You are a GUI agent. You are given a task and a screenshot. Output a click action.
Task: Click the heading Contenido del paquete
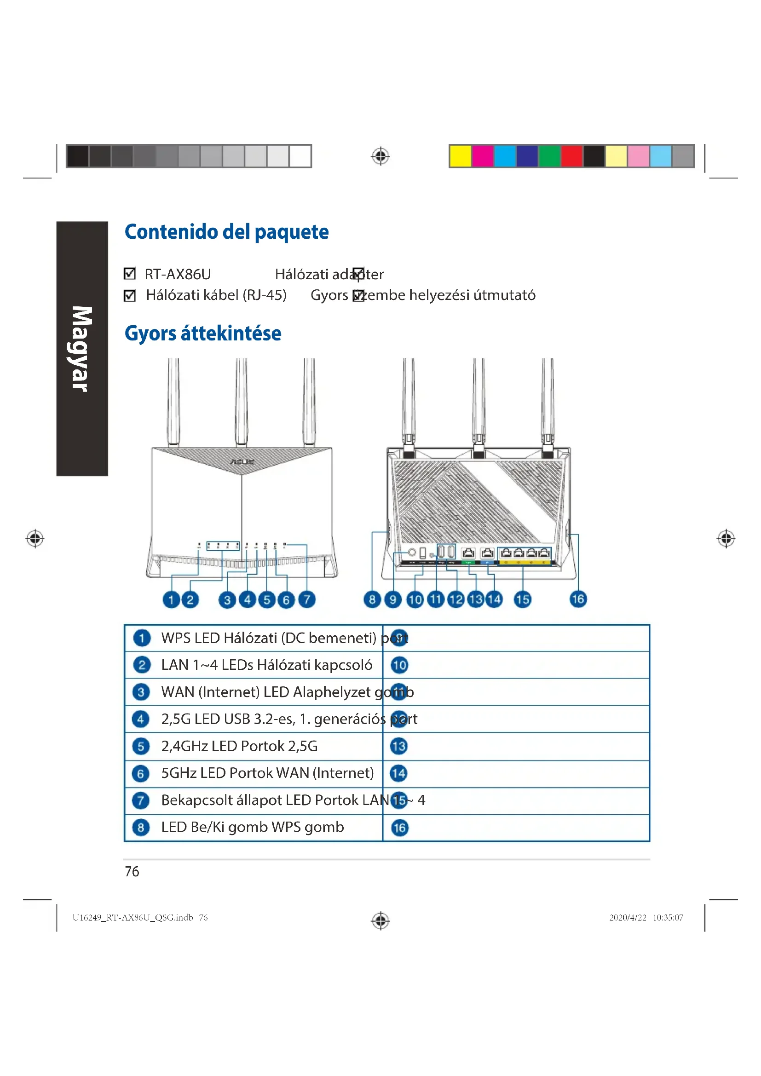coord(226,232)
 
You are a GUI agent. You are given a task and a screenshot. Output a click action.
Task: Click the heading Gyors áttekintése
coord(202,334)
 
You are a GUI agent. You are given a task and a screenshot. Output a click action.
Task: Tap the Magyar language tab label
coord(82,349)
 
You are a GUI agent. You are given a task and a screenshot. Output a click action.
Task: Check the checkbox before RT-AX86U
coord(129,274)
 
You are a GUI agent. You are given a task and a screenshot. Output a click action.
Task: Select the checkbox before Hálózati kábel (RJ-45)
coord(129,296)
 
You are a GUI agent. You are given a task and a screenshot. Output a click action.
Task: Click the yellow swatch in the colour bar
coord(460,156)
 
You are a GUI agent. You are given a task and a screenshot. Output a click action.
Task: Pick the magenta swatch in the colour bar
coord(482,156)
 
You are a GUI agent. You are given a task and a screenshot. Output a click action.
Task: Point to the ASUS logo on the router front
coord(242,462)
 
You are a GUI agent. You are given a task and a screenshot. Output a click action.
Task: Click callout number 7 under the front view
coord(307,599)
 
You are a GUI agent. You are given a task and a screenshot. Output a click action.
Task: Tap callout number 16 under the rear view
coord(578,599)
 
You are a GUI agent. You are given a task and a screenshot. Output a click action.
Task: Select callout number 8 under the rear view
coord(372,599)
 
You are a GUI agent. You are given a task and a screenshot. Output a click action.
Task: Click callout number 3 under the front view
coord(227,600)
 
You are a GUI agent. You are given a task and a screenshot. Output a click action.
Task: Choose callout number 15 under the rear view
coord(523,599)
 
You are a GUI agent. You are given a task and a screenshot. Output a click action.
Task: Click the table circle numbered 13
coord(399,746)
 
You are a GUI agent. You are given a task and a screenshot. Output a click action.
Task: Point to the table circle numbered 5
coord(141,746)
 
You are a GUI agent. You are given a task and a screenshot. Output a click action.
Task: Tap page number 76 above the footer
coord(132,871)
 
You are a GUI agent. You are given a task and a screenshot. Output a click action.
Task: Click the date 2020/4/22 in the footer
coord(628,918)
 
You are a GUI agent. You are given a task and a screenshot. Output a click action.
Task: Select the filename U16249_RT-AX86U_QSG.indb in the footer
coord(133,918)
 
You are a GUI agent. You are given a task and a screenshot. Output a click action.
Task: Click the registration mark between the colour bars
coord(380,156)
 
